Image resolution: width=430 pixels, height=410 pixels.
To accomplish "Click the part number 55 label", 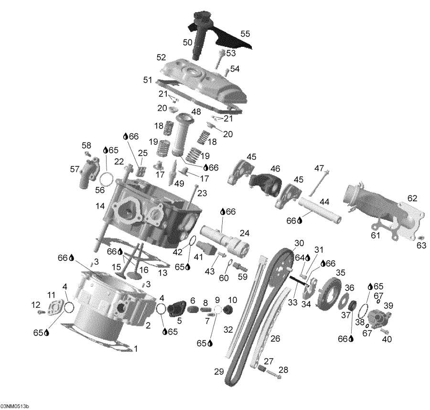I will [x=245, y=34].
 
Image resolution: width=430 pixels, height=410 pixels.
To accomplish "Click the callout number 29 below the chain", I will [x=219, y=371].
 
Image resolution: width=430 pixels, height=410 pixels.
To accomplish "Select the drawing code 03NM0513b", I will [x=15, y=406].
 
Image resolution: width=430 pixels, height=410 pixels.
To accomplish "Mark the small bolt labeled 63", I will [x=420, y=237].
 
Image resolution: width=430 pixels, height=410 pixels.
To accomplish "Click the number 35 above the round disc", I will [x=340, y=272].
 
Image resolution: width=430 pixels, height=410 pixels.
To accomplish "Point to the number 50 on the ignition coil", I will [x=188, y=43].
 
